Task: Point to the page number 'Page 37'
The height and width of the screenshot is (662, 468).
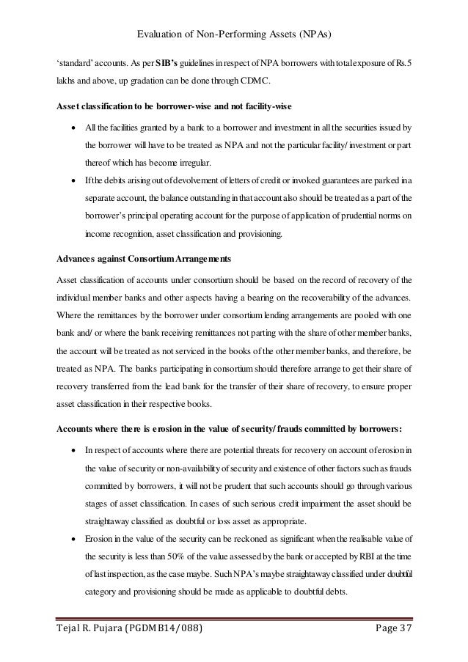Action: (390, 629)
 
